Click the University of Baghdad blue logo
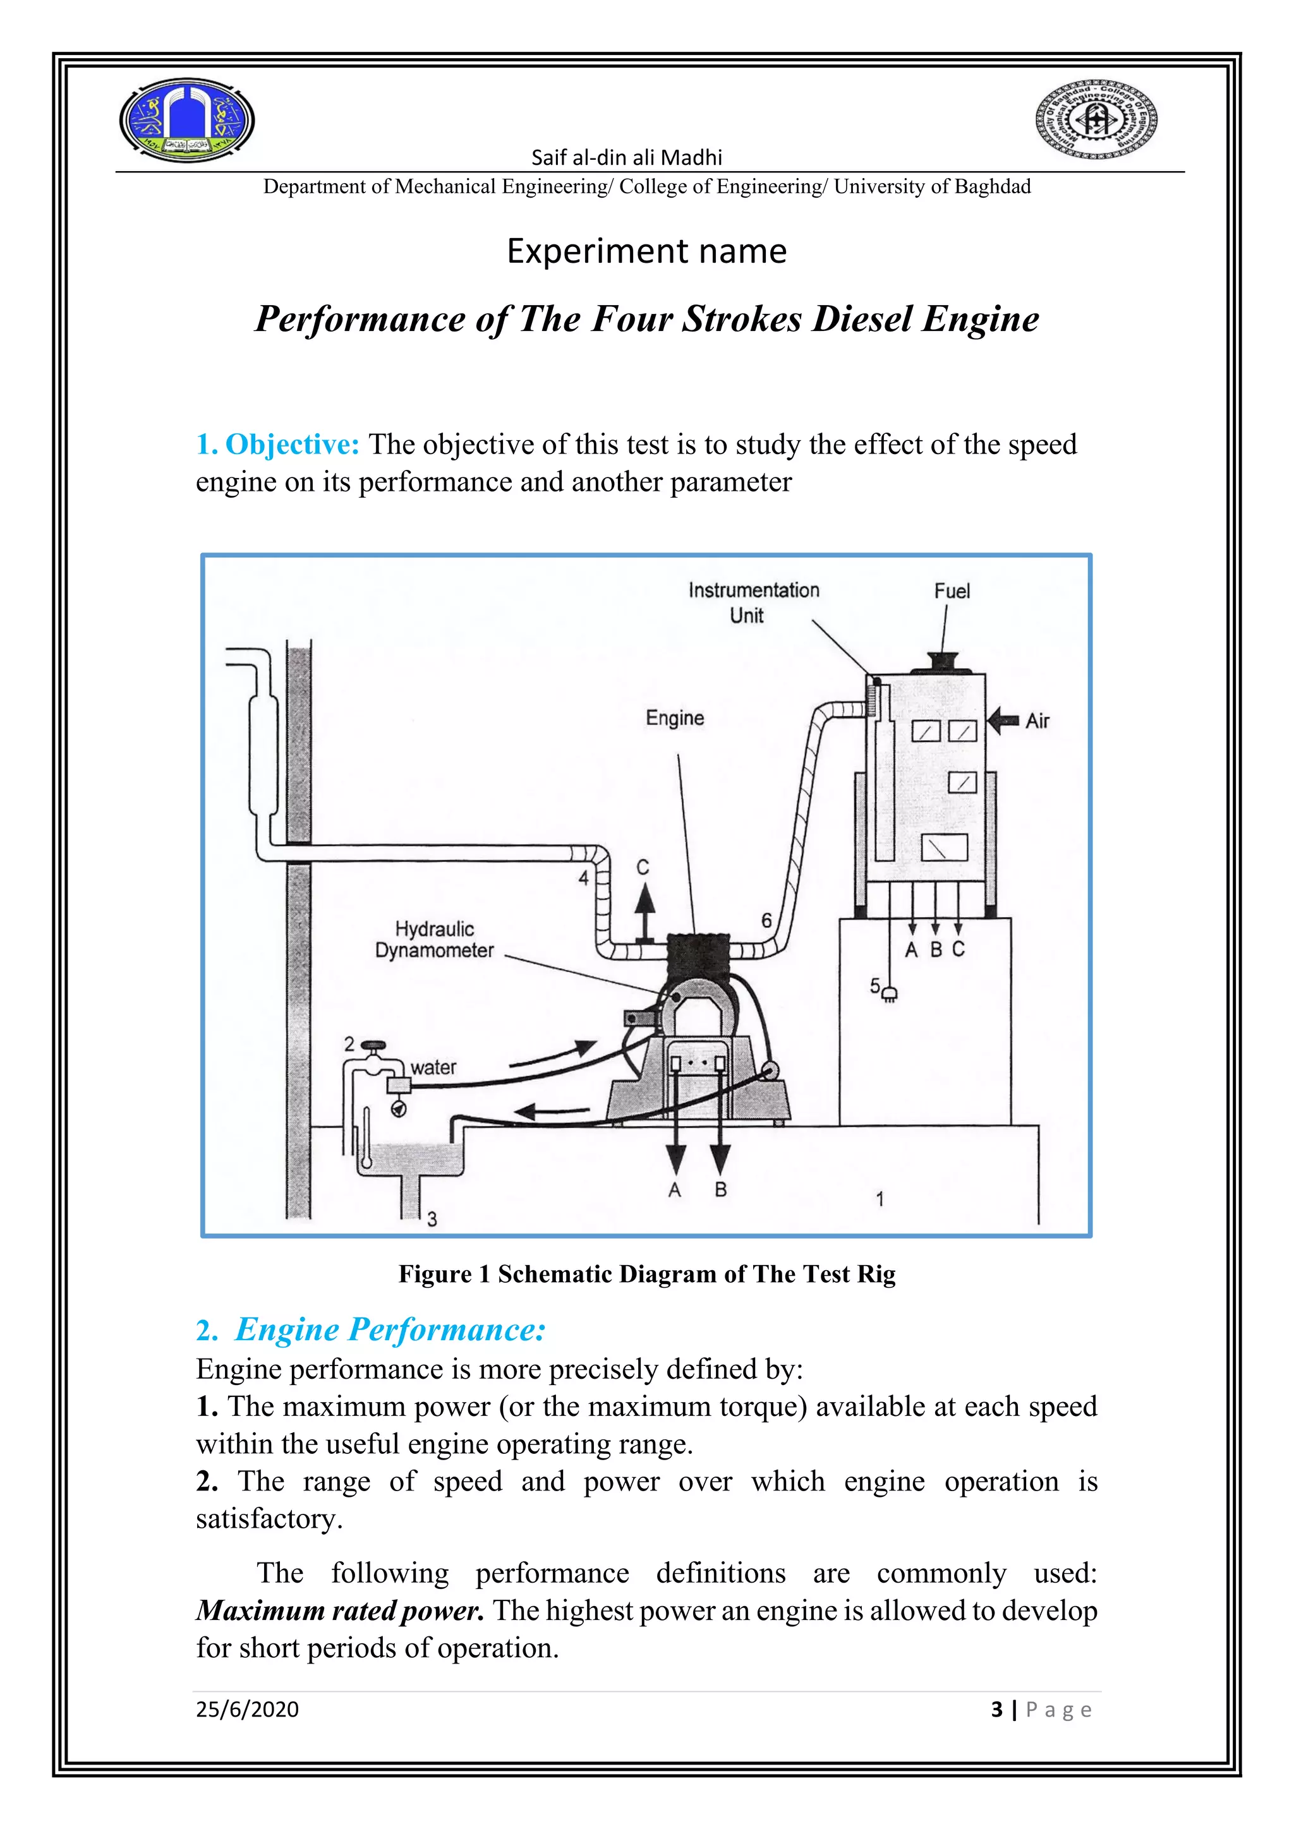pos(187,120)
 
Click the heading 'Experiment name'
pos(646,251)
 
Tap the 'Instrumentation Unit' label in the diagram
pos(753,603)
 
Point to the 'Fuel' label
pos(952,591)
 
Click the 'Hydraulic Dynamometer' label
pos(434,939)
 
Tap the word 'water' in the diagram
pos(433,1067)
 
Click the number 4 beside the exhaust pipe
pos(583,878)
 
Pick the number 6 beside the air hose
pos(766,920)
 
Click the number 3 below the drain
pos(432,1219)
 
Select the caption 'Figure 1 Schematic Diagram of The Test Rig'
pos(647,1274)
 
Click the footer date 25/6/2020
pos(247,1710)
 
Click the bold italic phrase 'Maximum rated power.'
pos(340,1610)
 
